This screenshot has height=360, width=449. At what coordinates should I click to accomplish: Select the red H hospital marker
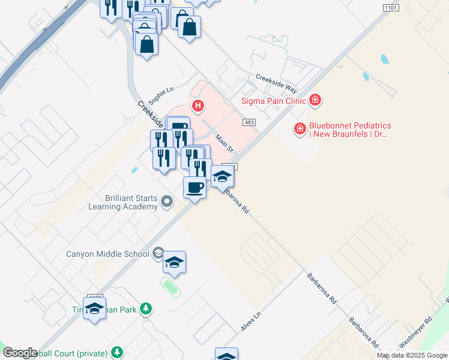coord(198,107)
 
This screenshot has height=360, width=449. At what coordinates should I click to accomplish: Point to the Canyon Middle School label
coord(107,254)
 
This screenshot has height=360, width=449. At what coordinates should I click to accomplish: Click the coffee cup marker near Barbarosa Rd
coord(193,187)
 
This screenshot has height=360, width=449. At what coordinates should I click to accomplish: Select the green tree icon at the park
coord(145,309)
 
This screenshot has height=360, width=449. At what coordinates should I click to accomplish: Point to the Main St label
coord(224,142)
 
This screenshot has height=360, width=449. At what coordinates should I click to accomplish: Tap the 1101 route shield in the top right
coord(391,7)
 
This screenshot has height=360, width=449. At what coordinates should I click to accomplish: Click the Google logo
coord(20,352)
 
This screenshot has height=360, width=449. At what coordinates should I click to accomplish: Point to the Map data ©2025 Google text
coord(412,355)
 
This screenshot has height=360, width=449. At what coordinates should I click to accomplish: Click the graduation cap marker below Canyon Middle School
coord(174,262)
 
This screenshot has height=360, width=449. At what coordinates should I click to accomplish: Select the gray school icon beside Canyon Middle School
coord(158,253)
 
